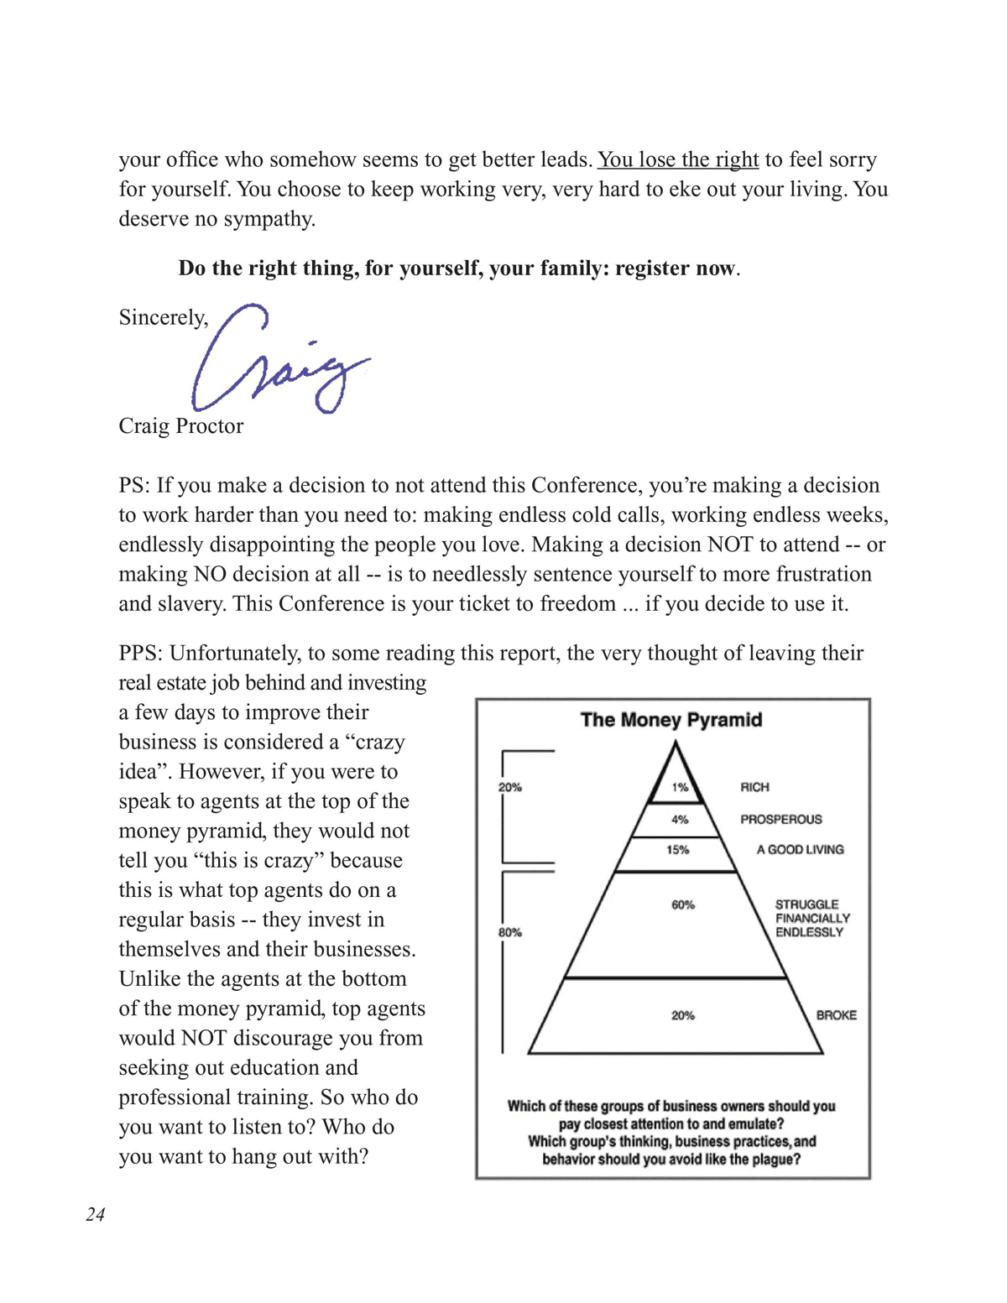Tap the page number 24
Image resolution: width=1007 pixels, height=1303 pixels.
[96, 1214]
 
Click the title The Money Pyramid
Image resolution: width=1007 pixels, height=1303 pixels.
[671, 720]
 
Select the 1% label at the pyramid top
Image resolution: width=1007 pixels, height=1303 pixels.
[680, 787]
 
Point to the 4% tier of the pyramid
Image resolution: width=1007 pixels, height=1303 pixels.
[680, 819]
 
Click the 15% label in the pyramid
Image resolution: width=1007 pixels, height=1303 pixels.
[678, 850]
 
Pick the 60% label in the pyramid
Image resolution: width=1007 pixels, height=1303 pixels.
[683, 904]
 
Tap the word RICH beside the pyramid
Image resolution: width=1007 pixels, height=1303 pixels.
[754, 787]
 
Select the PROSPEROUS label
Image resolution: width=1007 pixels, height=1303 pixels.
[780, 819]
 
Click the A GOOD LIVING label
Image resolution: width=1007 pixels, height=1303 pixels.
[800, 850]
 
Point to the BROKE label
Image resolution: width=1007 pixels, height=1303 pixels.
[836, 1015]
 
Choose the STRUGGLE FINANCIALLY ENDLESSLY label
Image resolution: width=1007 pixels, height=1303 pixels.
[811, 918]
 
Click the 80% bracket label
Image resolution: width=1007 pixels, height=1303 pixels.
[510, 932]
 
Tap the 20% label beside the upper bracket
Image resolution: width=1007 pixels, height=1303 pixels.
[510, 787]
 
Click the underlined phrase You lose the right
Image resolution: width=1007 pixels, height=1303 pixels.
[678, 159]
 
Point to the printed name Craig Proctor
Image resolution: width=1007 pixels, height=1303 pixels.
[181, 425]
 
